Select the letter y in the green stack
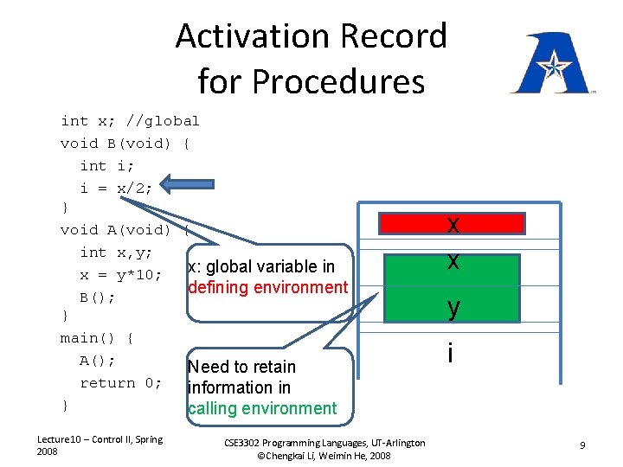453,307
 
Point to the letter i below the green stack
451,353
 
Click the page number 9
583,445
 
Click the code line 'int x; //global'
130,121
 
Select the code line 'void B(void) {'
125,144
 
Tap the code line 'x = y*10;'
121,275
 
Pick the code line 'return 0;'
121,383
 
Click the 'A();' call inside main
98,361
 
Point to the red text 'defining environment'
267,287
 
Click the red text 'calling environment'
262,408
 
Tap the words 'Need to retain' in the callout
242,367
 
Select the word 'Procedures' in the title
311,82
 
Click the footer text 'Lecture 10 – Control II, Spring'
100,439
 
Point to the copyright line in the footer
324,455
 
